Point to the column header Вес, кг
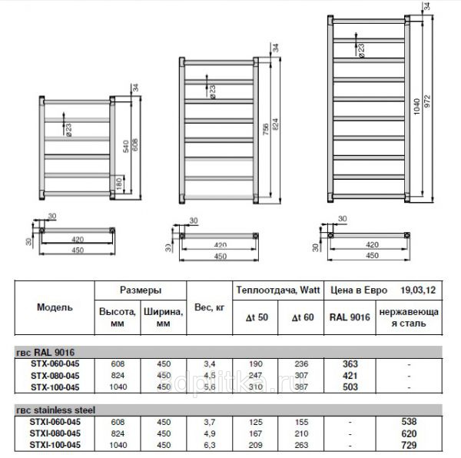(210, 307)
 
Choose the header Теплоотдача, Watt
(279, 291)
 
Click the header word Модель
(55, 307)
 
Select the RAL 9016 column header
(350, 316)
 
